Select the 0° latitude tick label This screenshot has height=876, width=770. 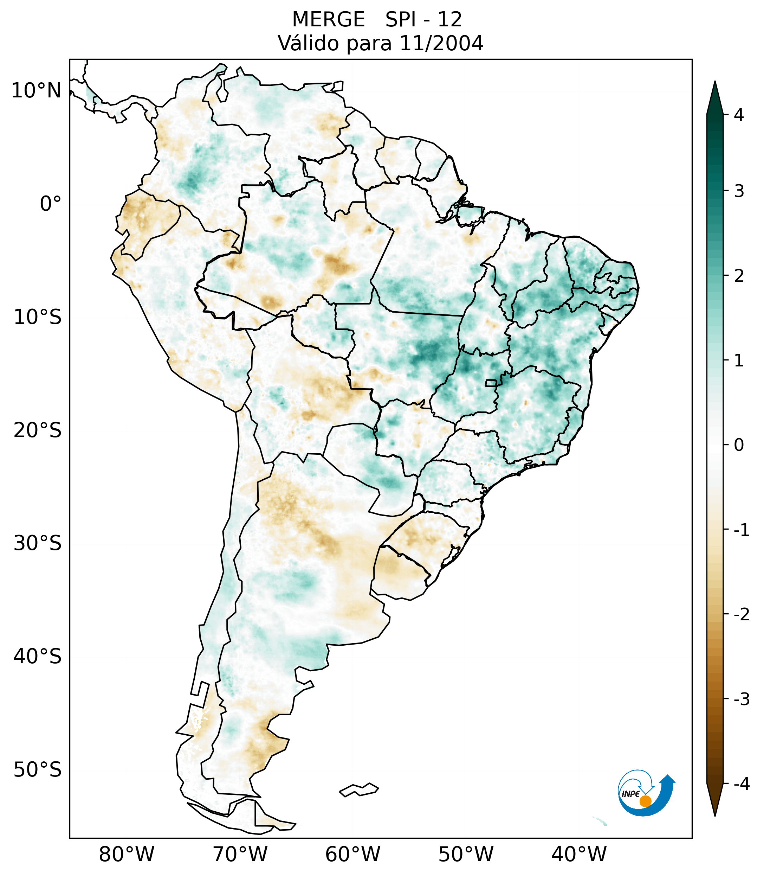51,204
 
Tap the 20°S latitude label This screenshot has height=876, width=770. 38,430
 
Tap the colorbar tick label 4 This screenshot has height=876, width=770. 739,115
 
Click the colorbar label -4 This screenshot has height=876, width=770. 741,784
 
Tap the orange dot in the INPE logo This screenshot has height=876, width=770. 645,801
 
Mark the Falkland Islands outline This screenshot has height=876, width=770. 359,789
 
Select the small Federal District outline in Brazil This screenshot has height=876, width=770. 491,383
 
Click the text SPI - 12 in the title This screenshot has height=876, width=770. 423,20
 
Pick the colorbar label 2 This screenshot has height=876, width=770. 739,276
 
